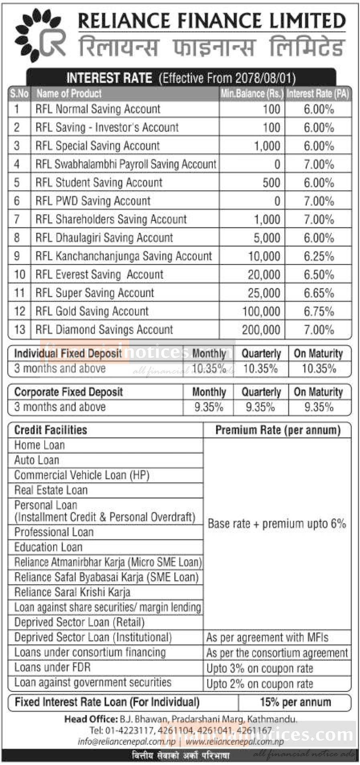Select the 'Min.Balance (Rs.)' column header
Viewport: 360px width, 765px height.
point(252,94)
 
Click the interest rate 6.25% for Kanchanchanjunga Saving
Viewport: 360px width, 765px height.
point(319,256)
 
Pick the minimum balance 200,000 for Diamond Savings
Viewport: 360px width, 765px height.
point(261,330)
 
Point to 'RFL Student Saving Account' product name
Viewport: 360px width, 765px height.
point(99,183)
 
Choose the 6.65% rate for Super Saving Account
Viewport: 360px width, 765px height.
point(319,293)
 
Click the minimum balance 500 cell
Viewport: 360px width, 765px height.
point(271,183)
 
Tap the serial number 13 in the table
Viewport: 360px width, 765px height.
point(19,330)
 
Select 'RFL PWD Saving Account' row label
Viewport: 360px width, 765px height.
point(93,201)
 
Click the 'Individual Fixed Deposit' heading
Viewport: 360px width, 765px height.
point(68,353)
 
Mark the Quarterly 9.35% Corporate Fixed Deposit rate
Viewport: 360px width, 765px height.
point(260,408)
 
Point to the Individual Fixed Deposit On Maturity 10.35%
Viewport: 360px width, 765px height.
point(319,369)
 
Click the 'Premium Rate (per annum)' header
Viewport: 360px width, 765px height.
point(278,430)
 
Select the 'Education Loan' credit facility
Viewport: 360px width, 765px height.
point(48,547)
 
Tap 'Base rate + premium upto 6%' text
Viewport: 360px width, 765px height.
point(277,524)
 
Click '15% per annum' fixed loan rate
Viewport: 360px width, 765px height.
point(295,702)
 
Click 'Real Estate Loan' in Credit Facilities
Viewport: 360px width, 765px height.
point(51,490)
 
